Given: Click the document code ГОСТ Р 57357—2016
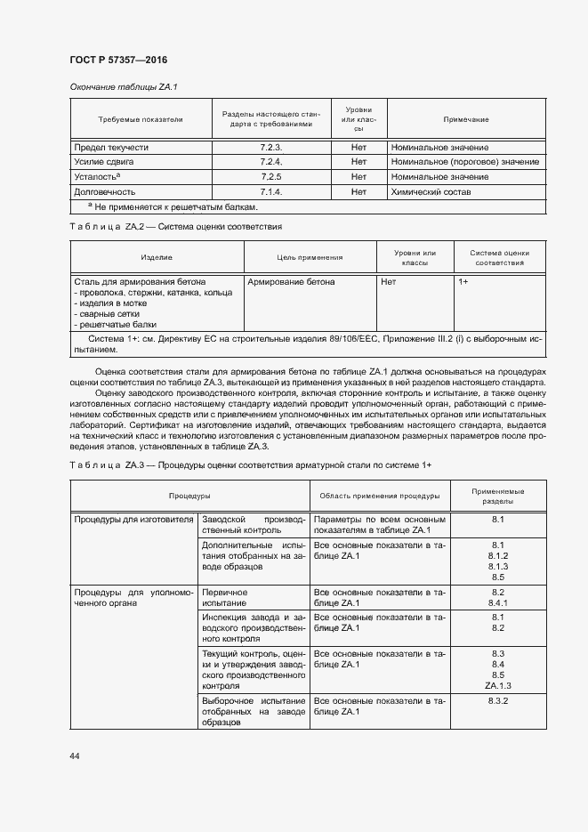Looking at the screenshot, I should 117,61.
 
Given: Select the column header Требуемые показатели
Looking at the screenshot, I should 140,119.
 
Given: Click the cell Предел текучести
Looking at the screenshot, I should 111,147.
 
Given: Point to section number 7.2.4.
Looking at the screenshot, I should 270,162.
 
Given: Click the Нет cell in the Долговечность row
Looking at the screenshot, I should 358,191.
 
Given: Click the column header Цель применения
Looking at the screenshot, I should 310,257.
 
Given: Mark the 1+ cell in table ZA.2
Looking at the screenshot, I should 463,281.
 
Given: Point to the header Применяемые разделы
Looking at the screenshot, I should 497,496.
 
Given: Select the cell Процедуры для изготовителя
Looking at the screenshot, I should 133,519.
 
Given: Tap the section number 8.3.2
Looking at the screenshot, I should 497,702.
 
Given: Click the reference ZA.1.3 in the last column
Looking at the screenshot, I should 497,686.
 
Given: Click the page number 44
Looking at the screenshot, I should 75,755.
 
